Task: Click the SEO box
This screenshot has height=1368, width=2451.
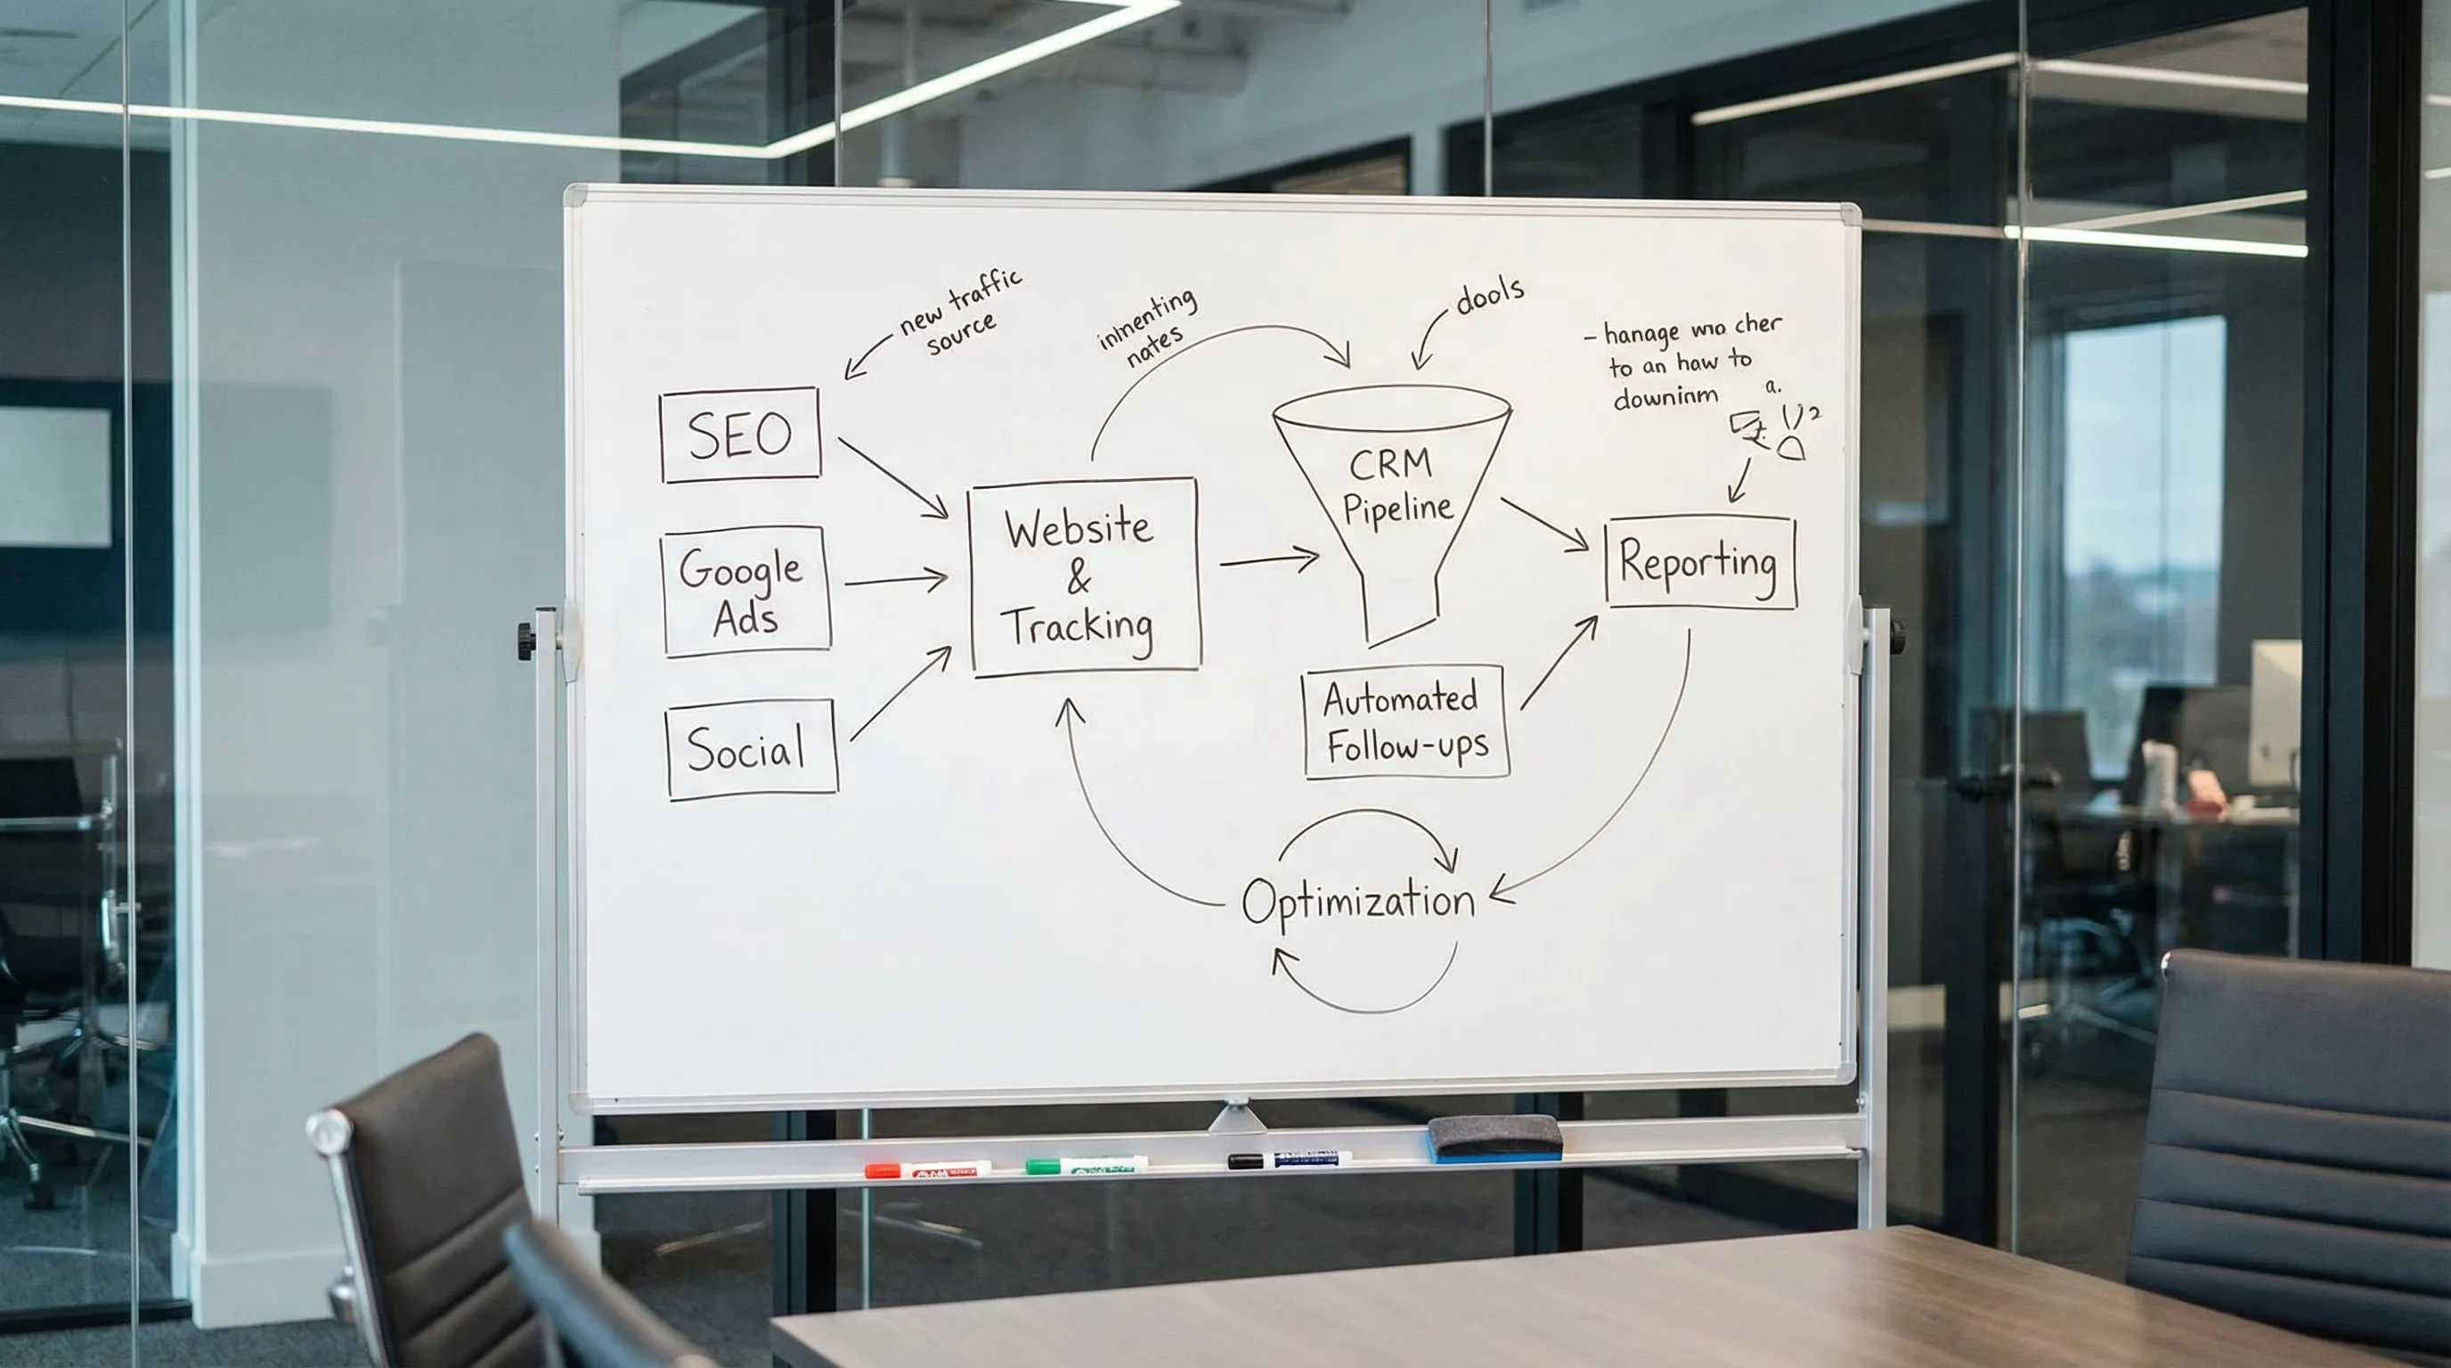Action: (x=739, y=435)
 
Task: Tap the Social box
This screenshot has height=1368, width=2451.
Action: (x=751, y=749)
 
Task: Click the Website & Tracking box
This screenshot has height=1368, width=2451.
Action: (x=1084, y=576)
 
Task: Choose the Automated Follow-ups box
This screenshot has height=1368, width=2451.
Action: (x=1405, y=722)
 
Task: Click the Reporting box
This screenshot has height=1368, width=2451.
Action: (x=1699, y=562)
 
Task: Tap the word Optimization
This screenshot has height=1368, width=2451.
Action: (x=1357, y=900)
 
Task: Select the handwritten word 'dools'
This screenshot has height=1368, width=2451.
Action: (x=1489, y=296)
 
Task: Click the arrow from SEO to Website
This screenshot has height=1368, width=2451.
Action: (x=892, y=477)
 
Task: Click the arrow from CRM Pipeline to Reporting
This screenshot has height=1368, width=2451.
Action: (x=1543, y=523)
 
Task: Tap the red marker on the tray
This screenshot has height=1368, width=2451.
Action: (x=925, y=1169)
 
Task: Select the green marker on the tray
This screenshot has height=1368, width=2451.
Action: (x=1085, y=1164)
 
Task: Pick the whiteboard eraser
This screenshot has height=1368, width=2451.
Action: (x=1494, y=1138)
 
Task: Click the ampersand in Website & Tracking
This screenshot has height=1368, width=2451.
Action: (x=1078, y=576)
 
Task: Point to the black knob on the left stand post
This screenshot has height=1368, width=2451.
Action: (x=525, y=641)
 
